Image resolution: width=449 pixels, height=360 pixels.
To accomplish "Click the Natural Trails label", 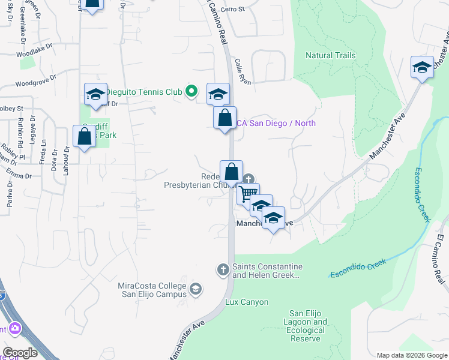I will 330,55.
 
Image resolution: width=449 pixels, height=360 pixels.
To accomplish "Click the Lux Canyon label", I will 247,302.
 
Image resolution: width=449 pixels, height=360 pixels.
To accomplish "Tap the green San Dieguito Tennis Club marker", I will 191,91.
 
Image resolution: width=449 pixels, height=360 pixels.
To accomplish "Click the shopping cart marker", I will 248,194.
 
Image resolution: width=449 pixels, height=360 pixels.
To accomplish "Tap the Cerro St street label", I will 233,9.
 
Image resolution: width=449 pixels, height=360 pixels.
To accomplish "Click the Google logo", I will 19,353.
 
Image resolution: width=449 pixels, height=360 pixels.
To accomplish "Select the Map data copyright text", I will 411,355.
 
